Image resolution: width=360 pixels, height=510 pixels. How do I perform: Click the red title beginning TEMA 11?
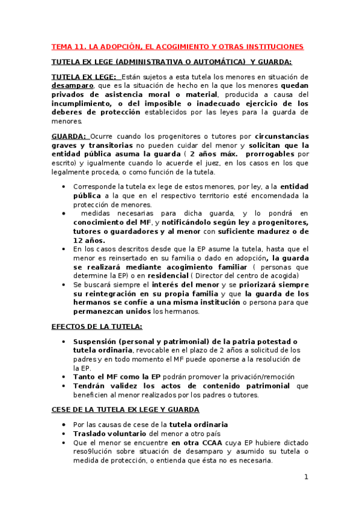177,46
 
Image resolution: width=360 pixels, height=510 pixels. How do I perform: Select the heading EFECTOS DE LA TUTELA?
97,327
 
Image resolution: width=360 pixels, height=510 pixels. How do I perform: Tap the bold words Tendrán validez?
106,386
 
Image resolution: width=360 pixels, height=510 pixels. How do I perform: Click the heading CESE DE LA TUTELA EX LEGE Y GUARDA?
126,410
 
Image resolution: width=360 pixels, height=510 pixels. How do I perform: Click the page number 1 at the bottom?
306,478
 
